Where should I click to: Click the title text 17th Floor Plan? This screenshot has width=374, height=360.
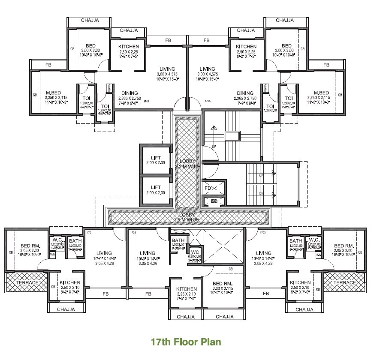coord(186,342)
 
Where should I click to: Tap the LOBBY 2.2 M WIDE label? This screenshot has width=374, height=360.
coord(187,163)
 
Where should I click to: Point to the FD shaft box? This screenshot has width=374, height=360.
coord(208,188)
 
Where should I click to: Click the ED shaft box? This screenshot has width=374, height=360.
coord(214,201)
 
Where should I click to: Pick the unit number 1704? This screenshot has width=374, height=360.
coord(146,102)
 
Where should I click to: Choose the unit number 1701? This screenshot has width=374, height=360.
coord(90,233)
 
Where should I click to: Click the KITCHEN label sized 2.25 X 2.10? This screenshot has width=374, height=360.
coord(186,289)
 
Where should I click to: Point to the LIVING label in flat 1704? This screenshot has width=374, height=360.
coord(167,69)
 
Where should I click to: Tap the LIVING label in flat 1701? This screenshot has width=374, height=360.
coord(104,253)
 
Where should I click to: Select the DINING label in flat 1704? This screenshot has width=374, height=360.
coord(129,93)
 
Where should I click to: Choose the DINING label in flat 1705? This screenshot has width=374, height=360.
coord(245,93)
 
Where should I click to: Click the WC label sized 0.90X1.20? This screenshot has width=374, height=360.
coord(194,252)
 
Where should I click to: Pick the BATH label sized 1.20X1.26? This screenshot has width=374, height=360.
coord(178,240)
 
